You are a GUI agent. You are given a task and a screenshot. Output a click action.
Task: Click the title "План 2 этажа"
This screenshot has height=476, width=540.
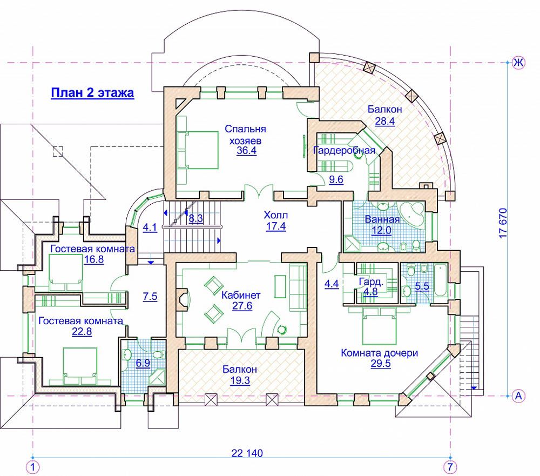[x=92, y=93]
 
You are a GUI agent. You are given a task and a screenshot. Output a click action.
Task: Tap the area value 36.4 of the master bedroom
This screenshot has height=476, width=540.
[x=247, y=151]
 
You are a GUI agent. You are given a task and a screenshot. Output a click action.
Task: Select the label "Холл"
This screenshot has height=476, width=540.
[x=276, y=215]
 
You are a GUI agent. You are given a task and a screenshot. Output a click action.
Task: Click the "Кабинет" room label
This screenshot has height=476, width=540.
[x=241, y=295]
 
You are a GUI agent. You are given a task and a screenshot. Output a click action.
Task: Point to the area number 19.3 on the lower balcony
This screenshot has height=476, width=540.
[x=240, y=380]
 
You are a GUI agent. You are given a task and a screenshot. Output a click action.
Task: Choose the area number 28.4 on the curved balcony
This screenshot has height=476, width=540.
[x=384, y=121]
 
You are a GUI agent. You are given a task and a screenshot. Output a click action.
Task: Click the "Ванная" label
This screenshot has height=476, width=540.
[x=382, y=219]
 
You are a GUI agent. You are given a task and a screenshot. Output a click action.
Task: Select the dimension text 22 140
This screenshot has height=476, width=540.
[x=247, y=453]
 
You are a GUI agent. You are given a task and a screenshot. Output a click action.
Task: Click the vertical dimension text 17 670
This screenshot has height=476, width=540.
[x=503, y=223]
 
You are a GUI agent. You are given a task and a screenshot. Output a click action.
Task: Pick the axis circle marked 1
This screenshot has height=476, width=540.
[x=33, y=467]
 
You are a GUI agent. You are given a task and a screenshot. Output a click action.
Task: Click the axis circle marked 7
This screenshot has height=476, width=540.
[x=450, y=467]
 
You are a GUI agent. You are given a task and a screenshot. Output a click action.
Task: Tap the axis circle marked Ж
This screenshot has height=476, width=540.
[x=518, y=63]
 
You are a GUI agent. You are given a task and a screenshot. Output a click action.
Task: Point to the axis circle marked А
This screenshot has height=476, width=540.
[x=518, y=396]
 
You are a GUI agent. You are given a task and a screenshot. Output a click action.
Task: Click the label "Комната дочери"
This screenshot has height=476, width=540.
[x=380, y=353]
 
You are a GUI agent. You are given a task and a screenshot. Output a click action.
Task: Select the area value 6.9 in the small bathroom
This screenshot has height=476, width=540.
[x=143, y=363]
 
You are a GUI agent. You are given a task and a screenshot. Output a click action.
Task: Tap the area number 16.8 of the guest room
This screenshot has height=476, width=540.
[x=94, y=259]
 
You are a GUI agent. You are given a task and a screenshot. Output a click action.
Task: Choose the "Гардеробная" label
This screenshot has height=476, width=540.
[x=344, y=150]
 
